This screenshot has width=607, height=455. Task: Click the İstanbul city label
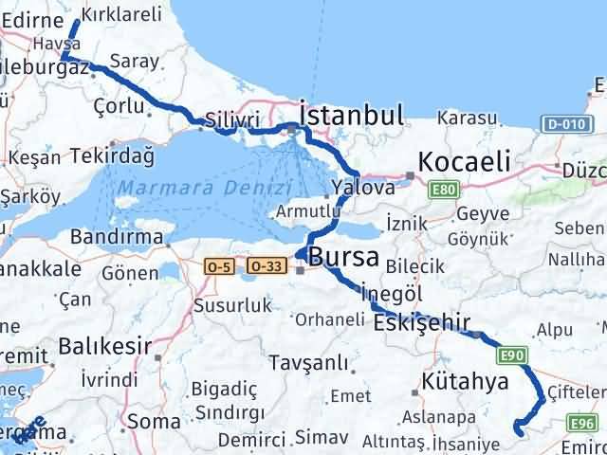[352, 116]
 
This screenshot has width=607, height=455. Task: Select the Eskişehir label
[423, 324]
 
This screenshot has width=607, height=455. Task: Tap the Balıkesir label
[104, 346]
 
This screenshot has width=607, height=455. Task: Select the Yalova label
[363, 188]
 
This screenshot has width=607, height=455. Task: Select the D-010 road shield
[564, 123]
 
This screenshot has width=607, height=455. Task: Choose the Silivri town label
[230, 120]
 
